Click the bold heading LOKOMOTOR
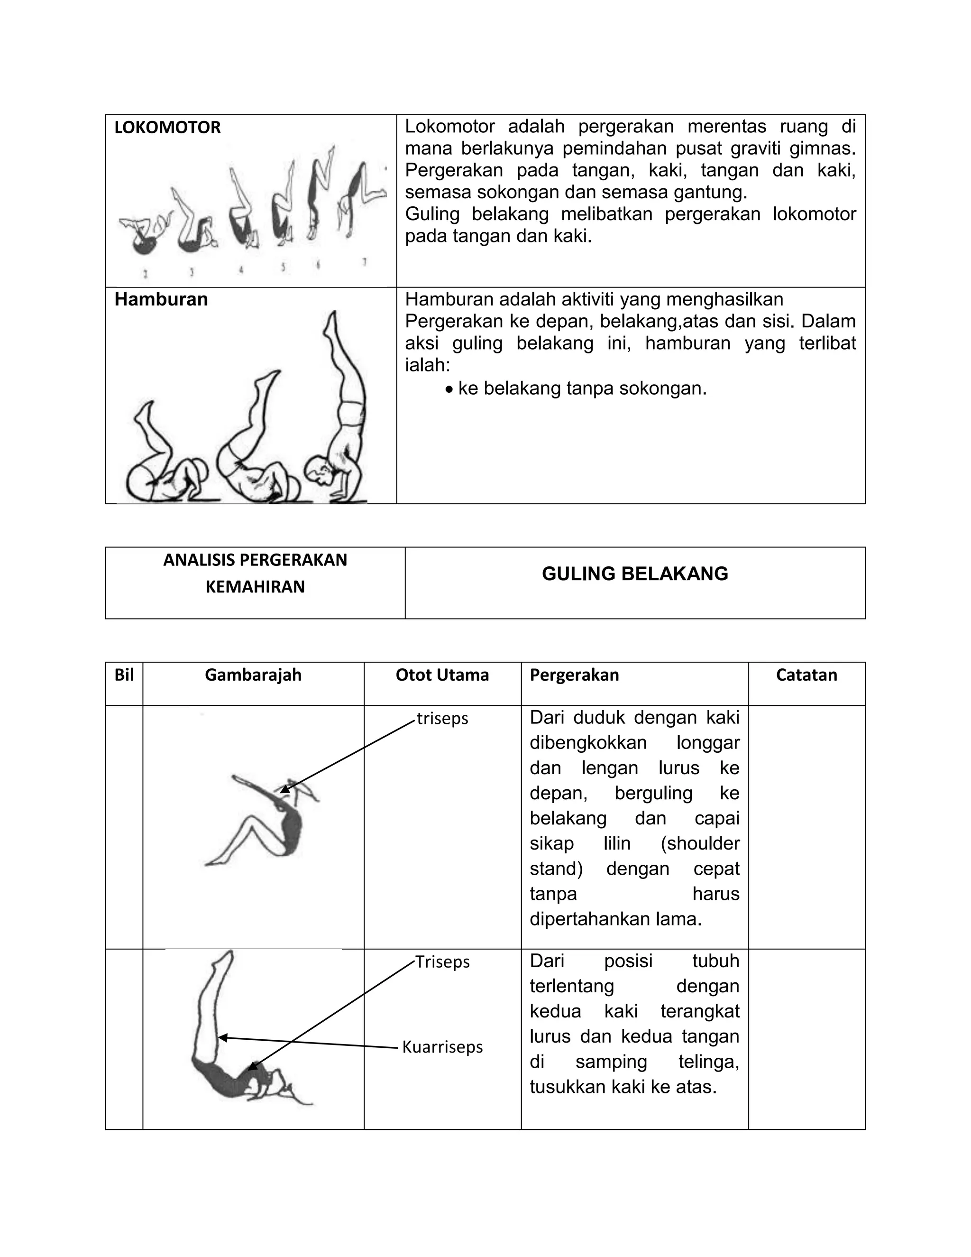(167, 128)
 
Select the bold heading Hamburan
(161, 299)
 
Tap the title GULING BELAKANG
(634, 574)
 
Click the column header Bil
(124, 675)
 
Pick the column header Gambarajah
(253, 675)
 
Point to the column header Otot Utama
(442, 675)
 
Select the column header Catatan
(806, 675)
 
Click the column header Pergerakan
(574, 675)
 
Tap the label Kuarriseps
(442, 1047)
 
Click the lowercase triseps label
(442, 718)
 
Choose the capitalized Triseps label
(442, 962)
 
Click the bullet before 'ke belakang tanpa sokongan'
(449, 389)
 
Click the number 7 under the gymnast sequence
(364, 262)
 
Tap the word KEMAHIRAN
(255, 587)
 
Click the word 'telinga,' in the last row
(708, 1061)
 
